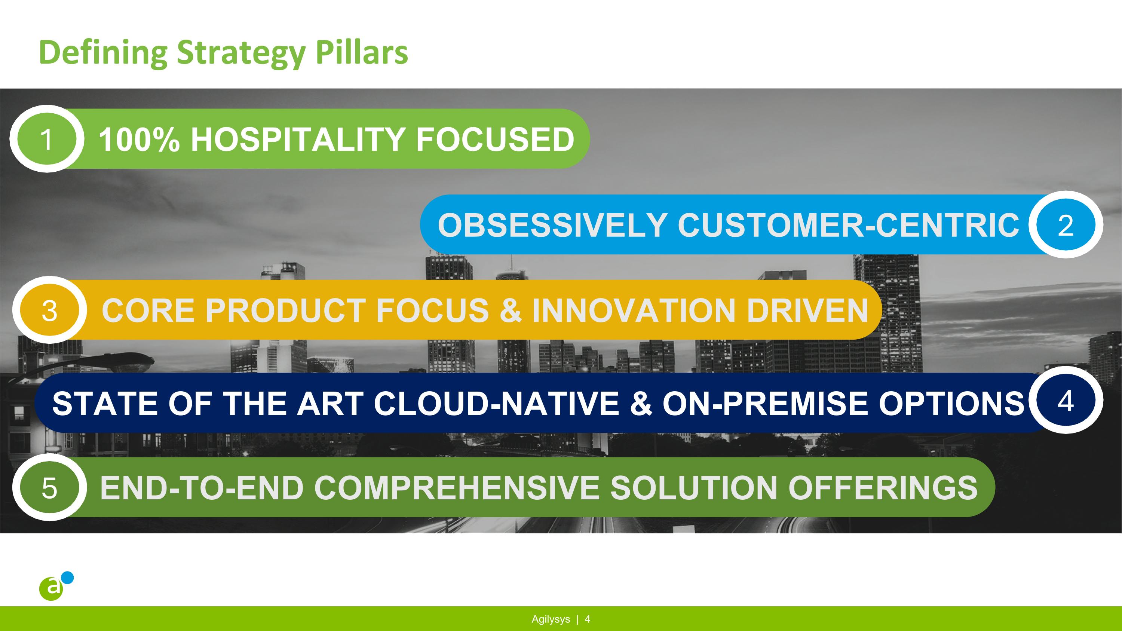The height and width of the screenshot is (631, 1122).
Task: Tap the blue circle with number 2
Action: [1066, 225]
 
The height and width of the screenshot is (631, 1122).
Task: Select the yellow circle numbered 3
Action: [50, 310]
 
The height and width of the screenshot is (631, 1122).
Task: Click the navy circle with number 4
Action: [1066, 400]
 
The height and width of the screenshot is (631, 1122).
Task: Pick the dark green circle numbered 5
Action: [50, 488]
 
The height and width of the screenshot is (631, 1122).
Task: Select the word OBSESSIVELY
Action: [552, 225]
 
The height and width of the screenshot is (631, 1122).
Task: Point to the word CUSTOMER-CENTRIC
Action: [847, 225]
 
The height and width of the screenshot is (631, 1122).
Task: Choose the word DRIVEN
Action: [807, 310]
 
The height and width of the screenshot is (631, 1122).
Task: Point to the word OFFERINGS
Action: [882, 488]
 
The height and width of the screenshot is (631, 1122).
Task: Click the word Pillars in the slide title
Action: [362, 52]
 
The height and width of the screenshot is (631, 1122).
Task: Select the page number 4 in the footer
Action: [587, 619]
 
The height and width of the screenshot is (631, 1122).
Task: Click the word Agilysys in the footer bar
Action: [551, 619]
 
